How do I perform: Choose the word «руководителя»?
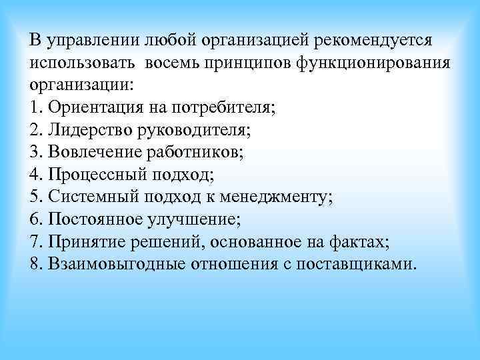(177, 130)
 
